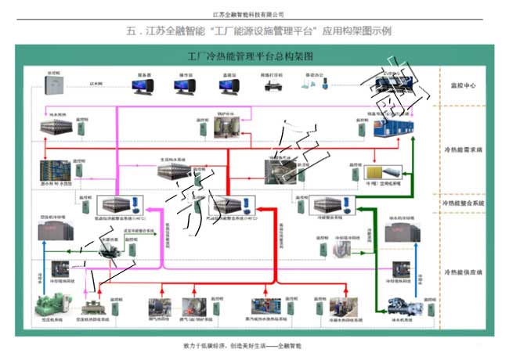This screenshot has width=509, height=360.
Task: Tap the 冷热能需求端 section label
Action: (463, 148)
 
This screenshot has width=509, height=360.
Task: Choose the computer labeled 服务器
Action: (144, 85)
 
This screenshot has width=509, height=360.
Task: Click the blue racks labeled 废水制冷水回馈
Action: (55, 171)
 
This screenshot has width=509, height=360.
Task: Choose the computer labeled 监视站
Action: (229, 85)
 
